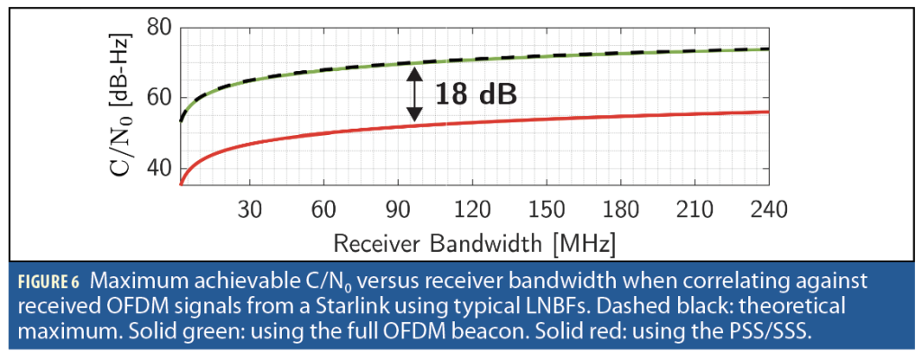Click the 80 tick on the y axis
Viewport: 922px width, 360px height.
coord(158,27)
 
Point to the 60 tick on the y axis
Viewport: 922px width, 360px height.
coord(158,98)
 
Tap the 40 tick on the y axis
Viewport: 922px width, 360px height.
coord(158,168)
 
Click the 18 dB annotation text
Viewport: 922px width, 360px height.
coord(477,93)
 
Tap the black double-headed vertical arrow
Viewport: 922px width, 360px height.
coord(413,94)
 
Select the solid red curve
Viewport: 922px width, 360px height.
coord(540,119)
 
